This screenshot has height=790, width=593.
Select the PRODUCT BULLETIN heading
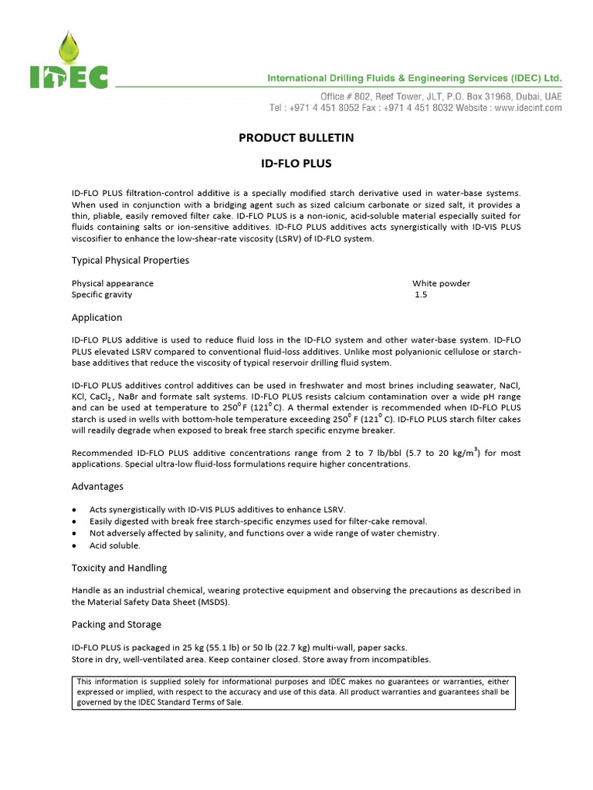click(x=296, y=138)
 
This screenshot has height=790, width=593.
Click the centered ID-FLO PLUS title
click(x=296, y=164)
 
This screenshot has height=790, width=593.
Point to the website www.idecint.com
click(x=527, y=109)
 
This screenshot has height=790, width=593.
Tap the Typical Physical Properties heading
click(x=130, y=261)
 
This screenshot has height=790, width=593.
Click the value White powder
click(x=441, y=283)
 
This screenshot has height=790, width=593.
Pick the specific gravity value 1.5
click(x=421, y=295)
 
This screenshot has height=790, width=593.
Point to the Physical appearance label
click(x=113, y=283)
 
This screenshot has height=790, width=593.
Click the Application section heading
click(x=97, y=318)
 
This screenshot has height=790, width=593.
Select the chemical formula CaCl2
click(x=99, y=397)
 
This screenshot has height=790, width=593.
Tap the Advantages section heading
click(x=97, y=487)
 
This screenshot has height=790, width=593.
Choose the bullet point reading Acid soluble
click(x=115, y=545)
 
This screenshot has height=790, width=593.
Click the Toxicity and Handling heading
click(x=119, y=568)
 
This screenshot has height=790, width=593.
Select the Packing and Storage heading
click(x=117, y=624)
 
